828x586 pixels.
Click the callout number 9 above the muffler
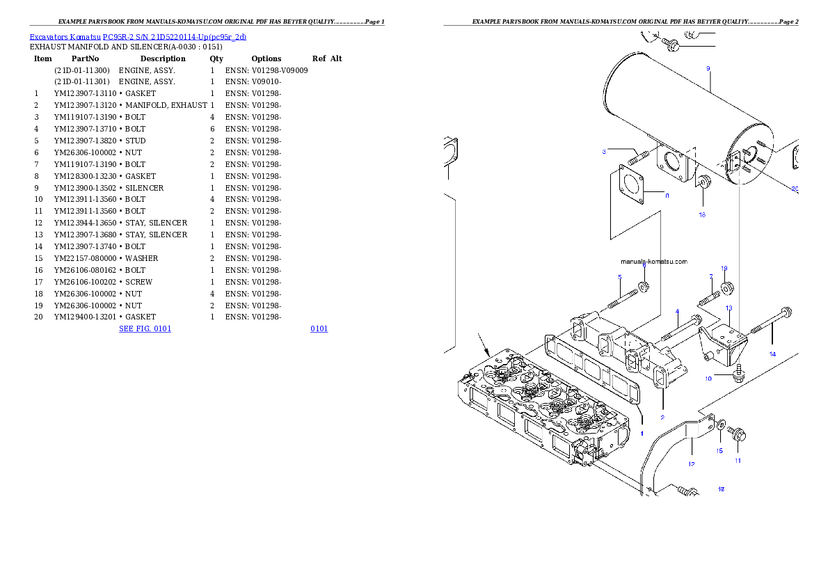(x=708, y=68)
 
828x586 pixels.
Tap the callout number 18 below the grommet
(x=702, y=214)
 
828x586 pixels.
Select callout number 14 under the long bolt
(x=772, y=354)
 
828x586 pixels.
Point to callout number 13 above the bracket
(x=729, y=308)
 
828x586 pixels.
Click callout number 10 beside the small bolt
(x=709, y=379)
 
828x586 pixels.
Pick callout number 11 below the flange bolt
(x=738, y=460)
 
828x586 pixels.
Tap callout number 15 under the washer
(x=720, y=450)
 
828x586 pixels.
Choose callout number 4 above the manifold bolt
(x=676, y=311)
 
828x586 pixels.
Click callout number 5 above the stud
(x=619, y=278)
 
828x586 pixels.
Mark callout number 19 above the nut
(x=724, y=269)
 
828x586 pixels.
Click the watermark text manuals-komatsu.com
(x=653, y=262)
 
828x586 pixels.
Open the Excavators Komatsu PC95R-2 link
(x=138, y=37)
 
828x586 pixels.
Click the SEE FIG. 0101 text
(x=145, y=327)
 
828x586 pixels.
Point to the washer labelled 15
(x=720, y=423)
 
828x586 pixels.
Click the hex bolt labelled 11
(x=738, y=434)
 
